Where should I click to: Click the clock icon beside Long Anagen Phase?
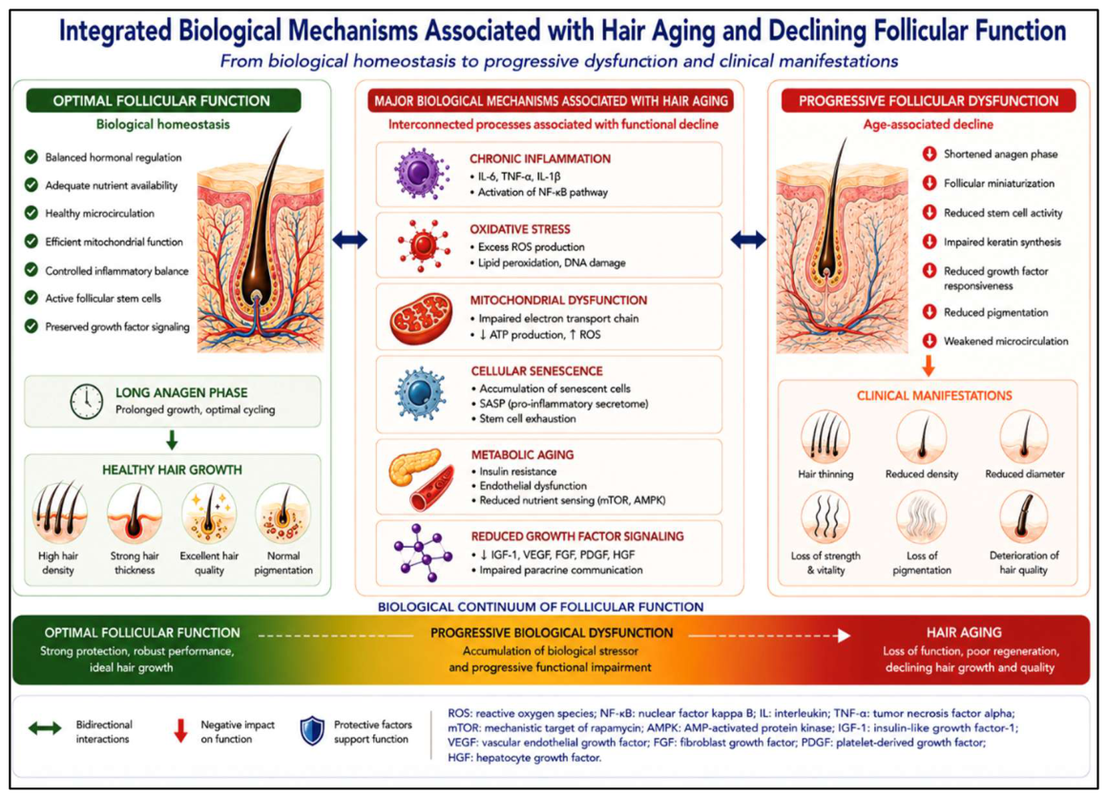click(x=86, y=402)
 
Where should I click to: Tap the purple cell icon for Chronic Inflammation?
click(x=422, y=174)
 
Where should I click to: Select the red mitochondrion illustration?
click(x=422, y=319)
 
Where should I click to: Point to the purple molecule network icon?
click(x=422, y=553)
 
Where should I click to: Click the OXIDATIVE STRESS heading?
click(x=519, y=229)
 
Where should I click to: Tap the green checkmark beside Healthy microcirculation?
click(x=31, y=213)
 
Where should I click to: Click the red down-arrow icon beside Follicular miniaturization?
click(x=929, y=183)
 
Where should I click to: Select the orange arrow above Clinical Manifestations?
click(x=929, y=365)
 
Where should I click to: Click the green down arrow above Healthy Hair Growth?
click(x=172, y=440)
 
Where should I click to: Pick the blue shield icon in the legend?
click(x=312, y=731)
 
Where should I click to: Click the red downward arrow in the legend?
click(x=180, y=731)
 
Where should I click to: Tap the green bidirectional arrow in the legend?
click(x=45, y=728)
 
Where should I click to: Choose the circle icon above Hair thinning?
click(x=825, y=437)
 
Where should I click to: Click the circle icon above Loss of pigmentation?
click(x=921, y=518)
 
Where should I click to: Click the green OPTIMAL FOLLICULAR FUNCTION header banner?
click(x=163, y=100)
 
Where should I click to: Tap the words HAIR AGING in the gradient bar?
click(x=964, y=633)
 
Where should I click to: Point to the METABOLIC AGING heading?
click(x=522, y=454)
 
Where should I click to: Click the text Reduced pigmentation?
click(x=995, y=312)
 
